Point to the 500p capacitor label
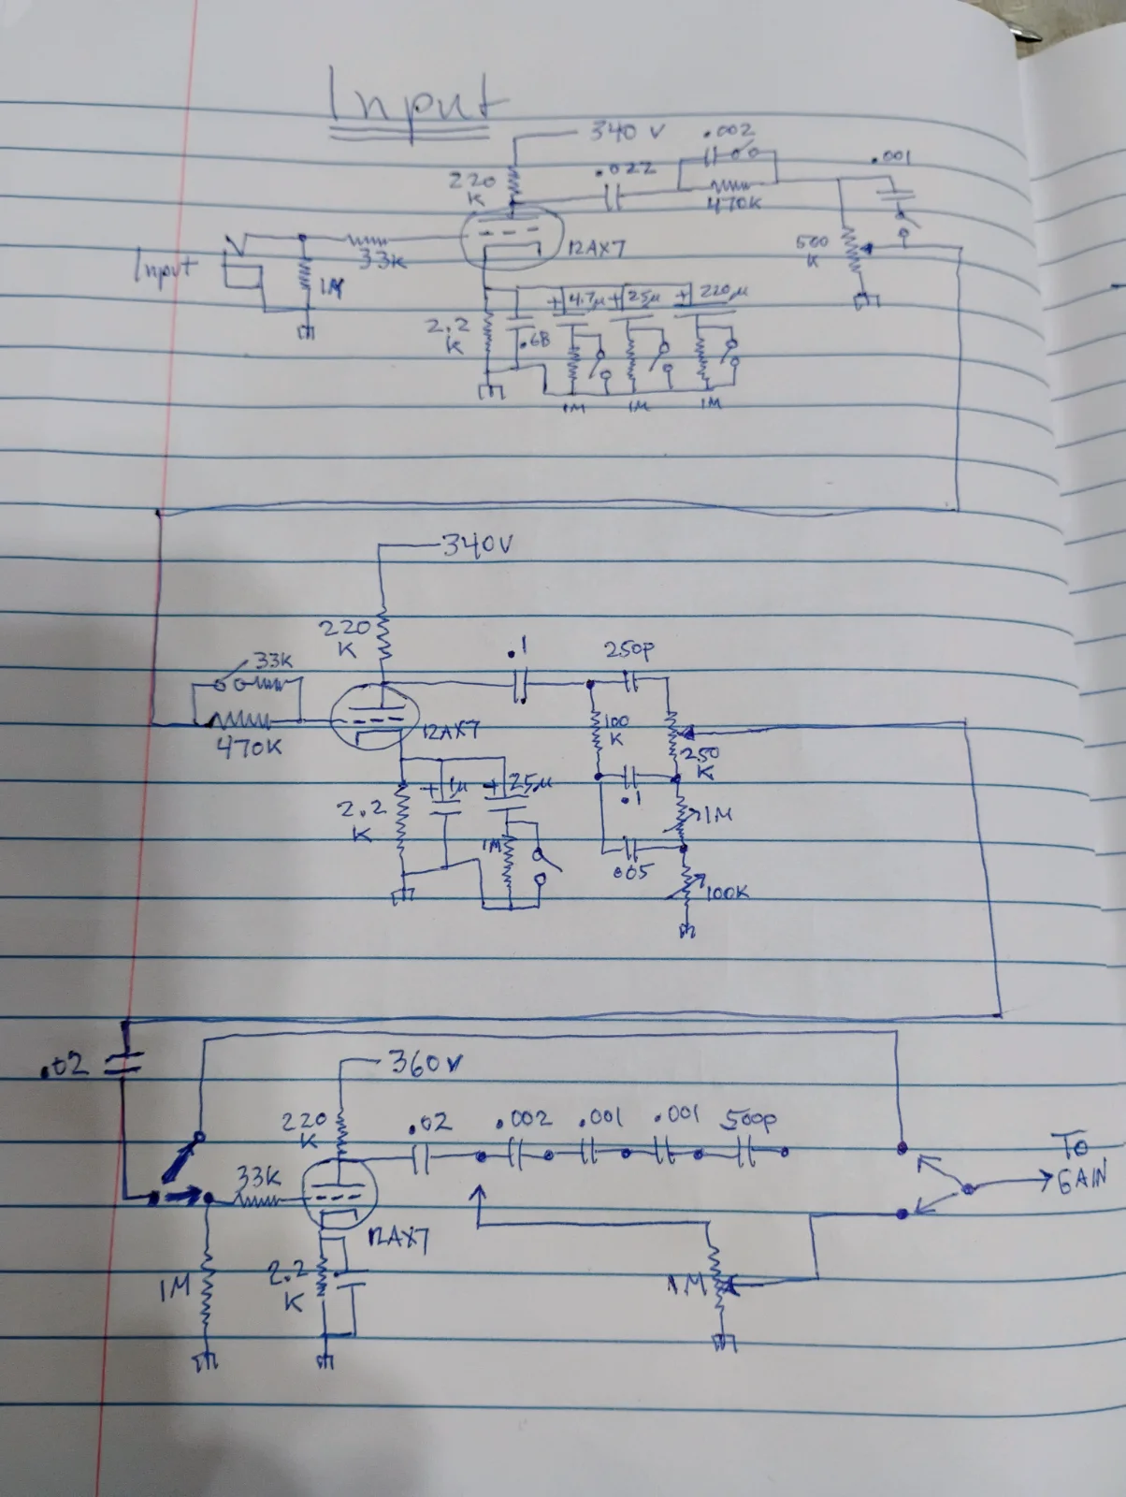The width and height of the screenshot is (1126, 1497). [x=749, y=1118]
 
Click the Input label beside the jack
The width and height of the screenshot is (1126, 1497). [x=165, y=269]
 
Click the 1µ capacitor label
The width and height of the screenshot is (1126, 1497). [x=455, y=784]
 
